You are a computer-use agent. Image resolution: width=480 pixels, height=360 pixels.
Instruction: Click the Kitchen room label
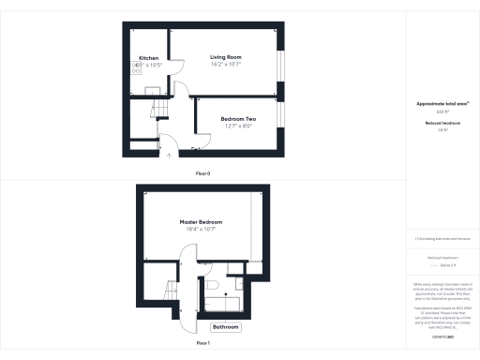point(149,58)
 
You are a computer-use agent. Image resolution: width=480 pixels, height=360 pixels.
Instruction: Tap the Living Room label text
point(225,57)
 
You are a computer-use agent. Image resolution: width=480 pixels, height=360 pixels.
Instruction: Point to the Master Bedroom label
point(201,222)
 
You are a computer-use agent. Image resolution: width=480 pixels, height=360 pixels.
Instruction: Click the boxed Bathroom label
point(225,327)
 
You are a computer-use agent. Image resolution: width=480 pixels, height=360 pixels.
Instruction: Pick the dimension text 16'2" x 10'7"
point(226,65)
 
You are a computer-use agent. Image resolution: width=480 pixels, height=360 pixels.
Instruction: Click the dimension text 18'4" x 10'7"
point(201,230)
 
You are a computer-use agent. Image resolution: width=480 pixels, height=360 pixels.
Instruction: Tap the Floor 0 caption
point(202,174)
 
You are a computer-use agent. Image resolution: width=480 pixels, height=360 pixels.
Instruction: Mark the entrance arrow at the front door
point(169,157)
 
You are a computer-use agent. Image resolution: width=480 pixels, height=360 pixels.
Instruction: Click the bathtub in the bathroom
point(227,302)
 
